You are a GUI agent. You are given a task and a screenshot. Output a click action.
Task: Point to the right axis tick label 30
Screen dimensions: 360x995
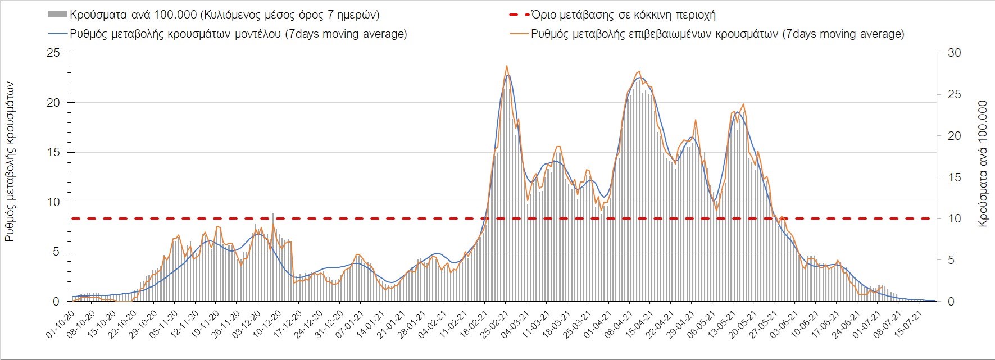point(954,53)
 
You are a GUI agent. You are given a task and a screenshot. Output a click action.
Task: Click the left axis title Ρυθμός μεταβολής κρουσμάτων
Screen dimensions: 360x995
point(10,161)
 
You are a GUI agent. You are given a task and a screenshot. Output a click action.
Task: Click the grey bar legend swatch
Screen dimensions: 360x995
point(58,15)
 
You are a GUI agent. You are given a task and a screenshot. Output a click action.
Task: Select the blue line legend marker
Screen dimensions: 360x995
point(58,34)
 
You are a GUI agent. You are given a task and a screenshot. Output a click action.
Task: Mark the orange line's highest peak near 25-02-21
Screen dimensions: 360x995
point(507,66)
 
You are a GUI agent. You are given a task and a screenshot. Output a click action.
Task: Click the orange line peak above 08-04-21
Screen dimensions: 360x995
point(639,72)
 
